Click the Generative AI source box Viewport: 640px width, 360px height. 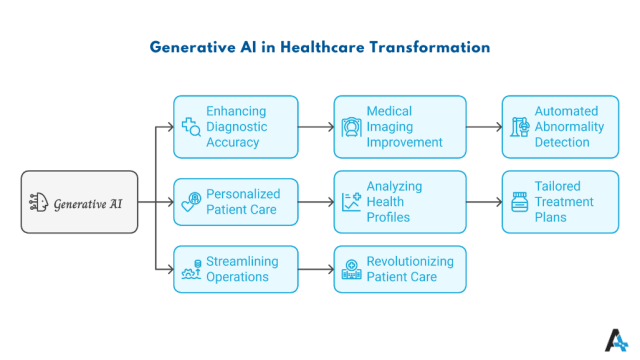point(79,202)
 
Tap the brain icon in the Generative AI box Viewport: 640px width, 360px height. point(38,202)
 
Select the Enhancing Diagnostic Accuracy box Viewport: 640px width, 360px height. point(235,127)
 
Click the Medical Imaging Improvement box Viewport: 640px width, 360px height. point(400,127)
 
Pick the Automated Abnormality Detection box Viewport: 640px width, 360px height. point(554,127)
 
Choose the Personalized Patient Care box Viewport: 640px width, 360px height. point(235,202)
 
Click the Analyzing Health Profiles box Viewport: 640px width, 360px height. point(400,202)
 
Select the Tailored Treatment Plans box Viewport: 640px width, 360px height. point(554,202)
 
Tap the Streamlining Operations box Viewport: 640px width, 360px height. point(235,269)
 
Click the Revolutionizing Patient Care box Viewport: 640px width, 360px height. point(400,269)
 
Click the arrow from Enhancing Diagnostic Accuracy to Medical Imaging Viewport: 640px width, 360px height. point(315,127)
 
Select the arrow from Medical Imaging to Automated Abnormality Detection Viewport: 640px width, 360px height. point(483,127)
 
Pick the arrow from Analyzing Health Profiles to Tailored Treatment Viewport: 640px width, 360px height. point(483,202)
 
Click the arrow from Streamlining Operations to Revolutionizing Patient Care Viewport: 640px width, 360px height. point(315,269)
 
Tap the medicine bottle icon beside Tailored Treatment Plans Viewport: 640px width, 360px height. point(519,202)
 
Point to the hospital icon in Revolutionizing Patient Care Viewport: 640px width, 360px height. point(351,270)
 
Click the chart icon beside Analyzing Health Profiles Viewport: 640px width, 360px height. point(351,202)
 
